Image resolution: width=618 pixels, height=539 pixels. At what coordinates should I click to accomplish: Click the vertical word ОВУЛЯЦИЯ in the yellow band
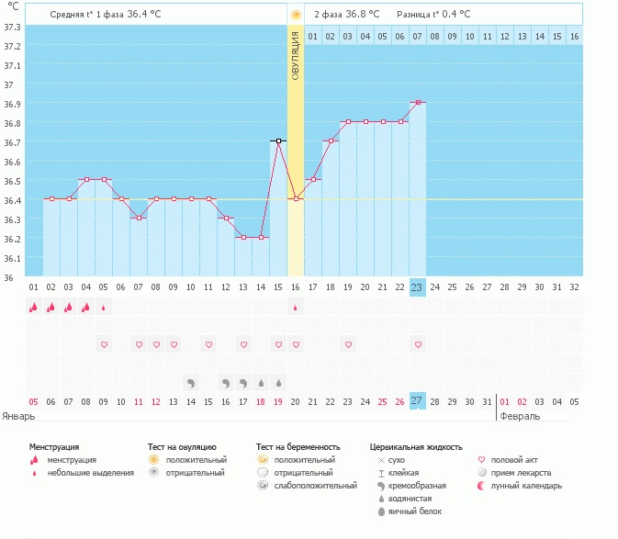[296, 55]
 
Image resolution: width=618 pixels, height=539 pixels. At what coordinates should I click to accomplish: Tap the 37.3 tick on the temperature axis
[13, 27]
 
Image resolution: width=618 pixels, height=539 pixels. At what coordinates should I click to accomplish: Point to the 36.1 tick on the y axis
[13, 258]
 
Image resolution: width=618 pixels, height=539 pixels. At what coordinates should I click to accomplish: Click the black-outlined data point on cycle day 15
[278, 140]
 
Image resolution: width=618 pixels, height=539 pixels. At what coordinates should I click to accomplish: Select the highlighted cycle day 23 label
[417, 286]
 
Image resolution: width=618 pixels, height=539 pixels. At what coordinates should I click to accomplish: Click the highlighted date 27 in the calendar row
[417, 401]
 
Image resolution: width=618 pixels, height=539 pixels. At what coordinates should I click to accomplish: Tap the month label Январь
[19, 416]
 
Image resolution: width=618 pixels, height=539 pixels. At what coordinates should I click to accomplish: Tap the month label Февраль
[520, 416]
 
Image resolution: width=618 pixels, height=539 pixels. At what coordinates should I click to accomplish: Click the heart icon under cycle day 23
[418, 344]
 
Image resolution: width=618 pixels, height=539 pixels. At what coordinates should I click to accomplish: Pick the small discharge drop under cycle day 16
[296, 308]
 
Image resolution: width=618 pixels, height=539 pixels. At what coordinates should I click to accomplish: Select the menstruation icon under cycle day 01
[34, 308]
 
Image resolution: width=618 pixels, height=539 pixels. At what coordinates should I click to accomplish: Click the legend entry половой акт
[514, 459]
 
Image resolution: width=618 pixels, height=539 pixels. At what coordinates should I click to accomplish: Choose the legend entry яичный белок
[406, 511]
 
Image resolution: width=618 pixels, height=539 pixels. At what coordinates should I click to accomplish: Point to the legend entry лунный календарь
[526, 485]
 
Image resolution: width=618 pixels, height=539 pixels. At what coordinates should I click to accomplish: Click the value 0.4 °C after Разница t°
[452, 15]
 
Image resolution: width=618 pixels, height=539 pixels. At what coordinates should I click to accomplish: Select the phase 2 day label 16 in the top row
[574, 36]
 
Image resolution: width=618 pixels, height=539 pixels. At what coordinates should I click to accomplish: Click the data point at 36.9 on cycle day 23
[417, 103]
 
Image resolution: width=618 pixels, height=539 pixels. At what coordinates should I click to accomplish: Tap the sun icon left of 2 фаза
[296, 15]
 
